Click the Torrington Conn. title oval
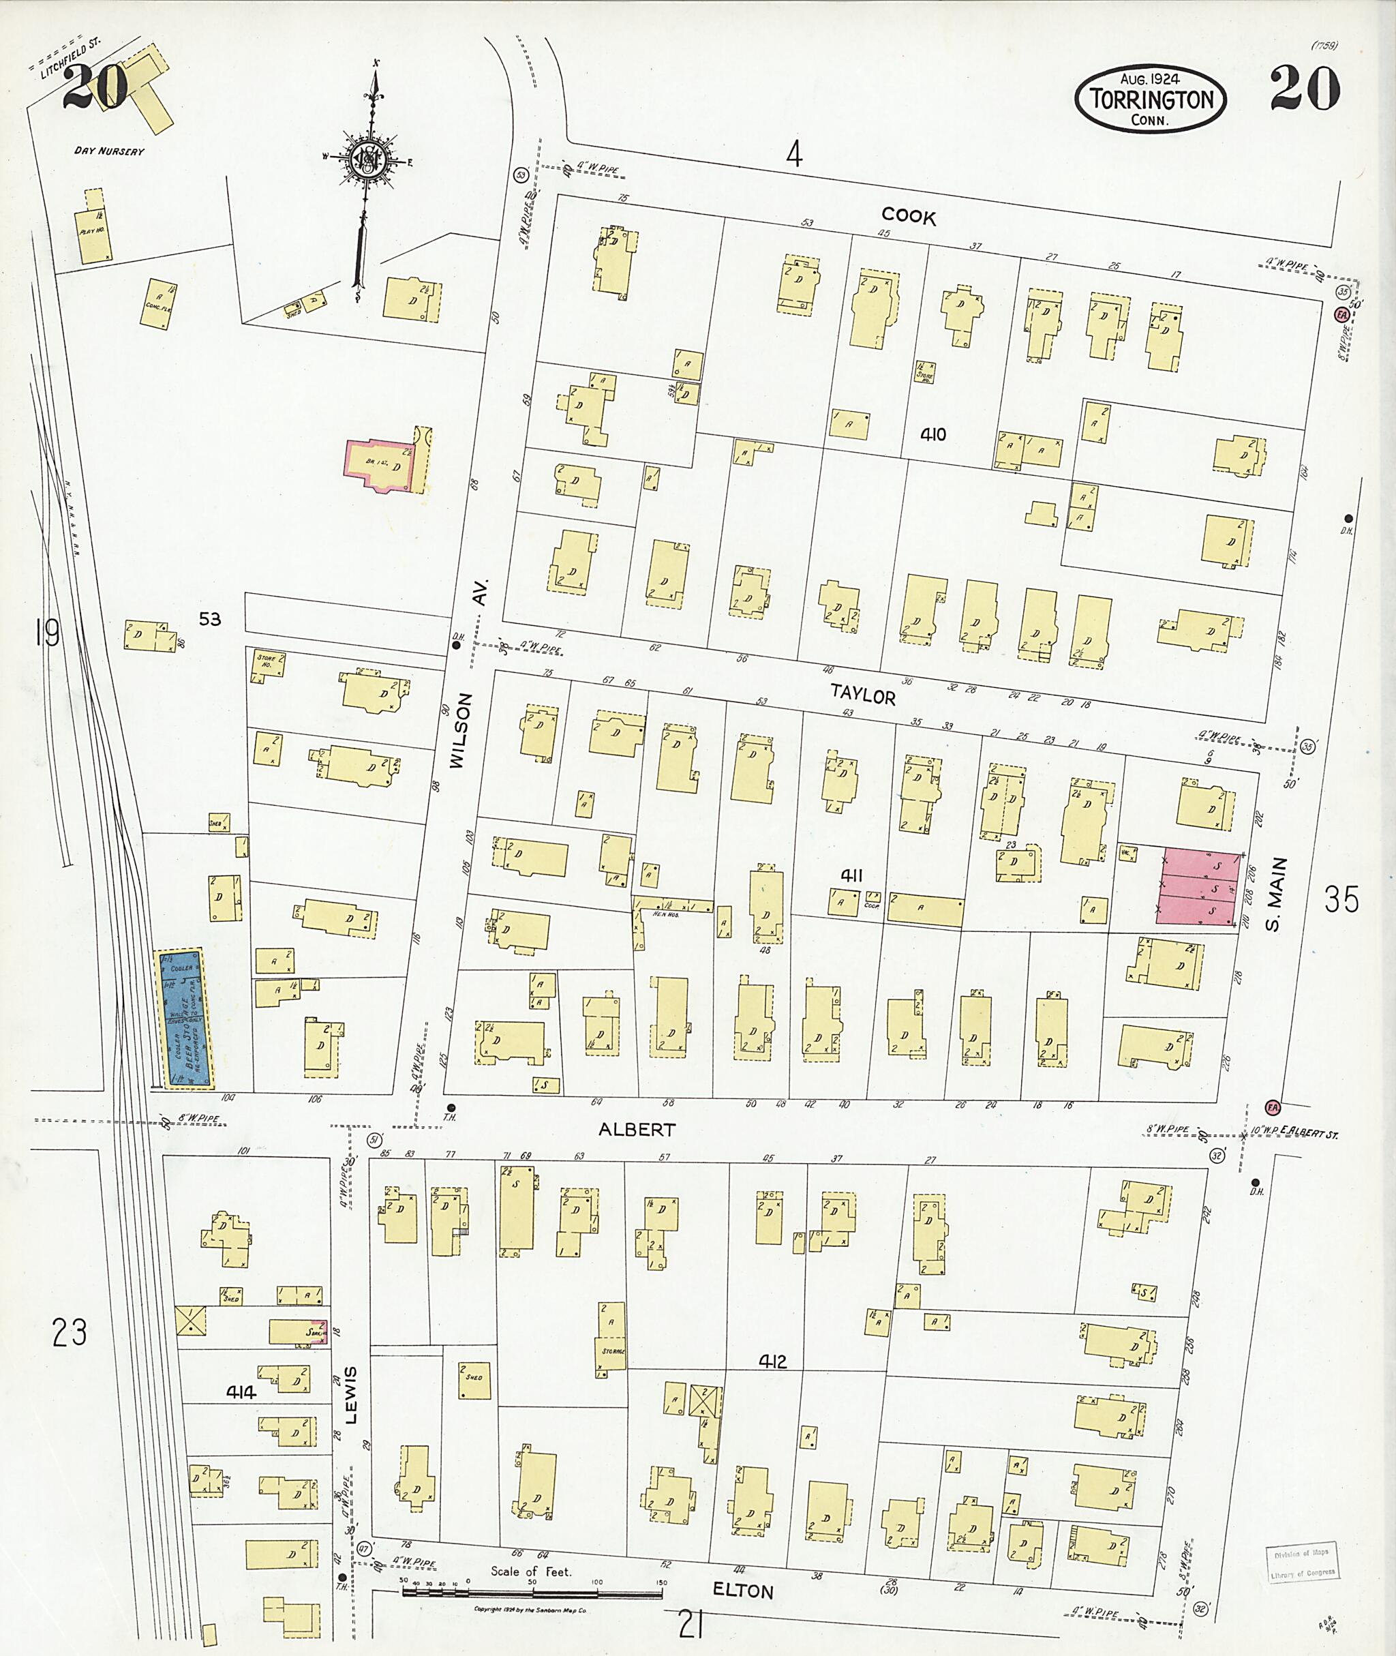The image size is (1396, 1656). [x=1150, y=99]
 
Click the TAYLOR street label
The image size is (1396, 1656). [x=862, y=695]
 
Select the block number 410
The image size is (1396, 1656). [x=933, y=434]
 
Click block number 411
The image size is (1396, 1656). [x=851, y=875]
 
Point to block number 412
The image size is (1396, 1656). [x=772, y=1361]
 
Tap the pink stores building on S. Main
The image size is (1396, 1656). [x=1198, y=888]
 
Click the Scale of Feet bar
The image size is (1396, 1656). [x=532, y=1592]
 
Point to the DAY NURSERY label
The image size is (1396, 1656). [x=109, y=151]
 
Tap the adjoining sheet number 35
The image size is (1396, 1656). [x=1341, y=900]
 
